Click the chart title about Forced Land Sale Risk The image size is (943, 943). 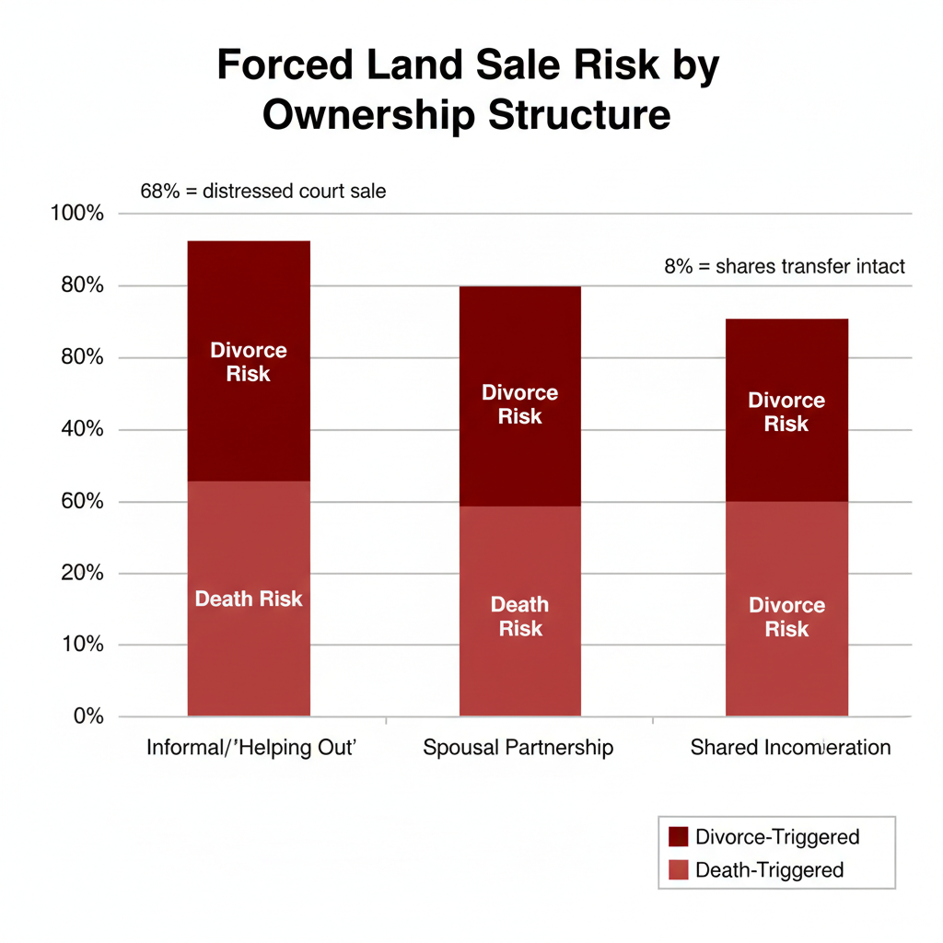point(467,92)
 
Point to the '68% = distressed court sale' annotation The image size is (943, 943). point(262,192)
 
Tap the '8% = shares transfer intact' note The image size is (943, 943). point(785,267)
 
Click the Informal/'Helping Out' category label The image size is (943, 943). point(251,747)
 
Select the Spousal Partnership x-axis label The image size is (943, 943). point(518,747)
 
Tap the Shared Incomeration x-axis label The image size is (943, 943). point(790,747)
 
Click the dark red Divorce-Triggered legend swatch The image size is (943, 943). point(679,836)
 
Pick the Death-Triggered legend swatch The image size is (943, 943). point(679,869)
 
